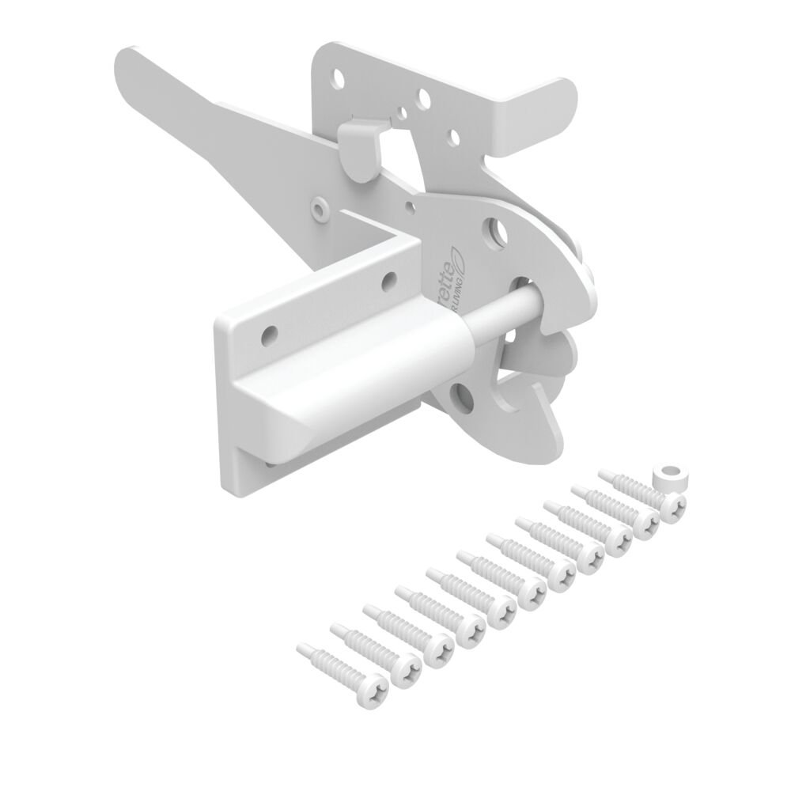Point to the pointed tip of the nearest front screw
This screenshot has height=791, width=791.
(x=302, y=648)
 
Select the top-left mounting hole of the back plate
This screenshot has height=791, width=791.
(x=339, y=78)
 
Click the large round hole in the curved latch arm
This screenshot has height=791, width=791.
(x=495, y=232)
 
